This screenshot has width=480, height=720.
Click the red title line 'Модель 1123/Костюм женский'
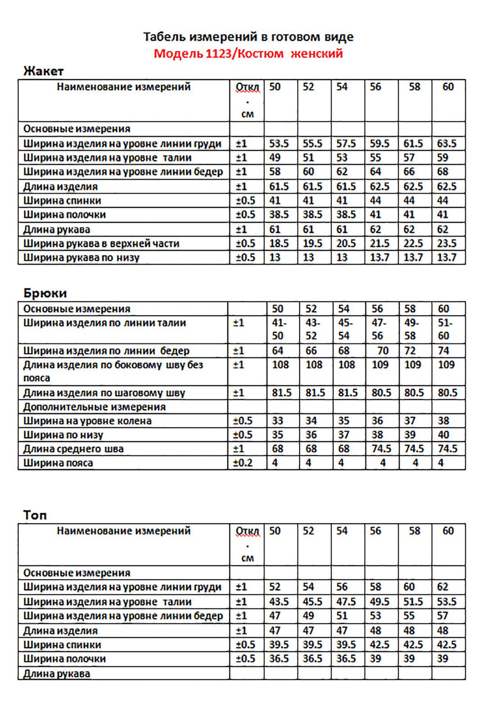(x=248, y=54)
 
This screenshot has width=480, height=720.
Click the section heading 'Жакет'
(x=43, y=71)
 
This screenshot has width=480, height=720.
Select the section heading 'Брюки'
(x=45, y=293)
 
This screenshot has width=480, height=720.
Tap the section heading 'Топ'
(x=35, y=515)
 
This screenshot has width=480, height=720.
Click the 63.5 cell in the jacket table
(x=447, y=144)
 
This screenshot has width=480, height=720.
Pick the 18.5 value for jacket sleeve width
(x=279, y=244)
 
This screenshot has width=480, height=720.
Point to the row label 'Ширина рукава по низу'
(x=82, y=258)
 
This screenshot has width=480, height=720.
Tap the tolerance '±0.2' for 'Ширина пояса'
(x=243, y=462)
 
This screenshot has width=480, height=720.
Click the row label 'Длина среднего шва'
(x=73, y=448)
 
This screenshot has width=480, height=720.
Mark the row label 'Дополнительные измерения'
(x=95, y=407)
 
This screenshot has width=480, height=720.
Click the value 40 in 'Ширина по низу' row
(x=444, y=435)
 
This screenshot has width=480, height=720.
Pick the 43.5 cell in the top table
(x=279, y=602)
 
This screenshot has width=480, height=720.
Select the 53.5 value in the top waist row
(x=447, y=602)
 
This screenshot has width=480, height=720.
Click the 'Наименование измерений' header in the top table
(x=124, y=531)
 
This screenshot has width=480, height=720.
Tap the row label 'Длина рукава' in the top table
(x=57, y=674)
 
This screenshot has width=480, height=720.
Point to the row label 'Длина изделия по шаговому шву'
(x=104, y=393)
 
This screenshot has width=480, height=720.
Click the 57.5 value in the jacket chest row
(x=346, y=144)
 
